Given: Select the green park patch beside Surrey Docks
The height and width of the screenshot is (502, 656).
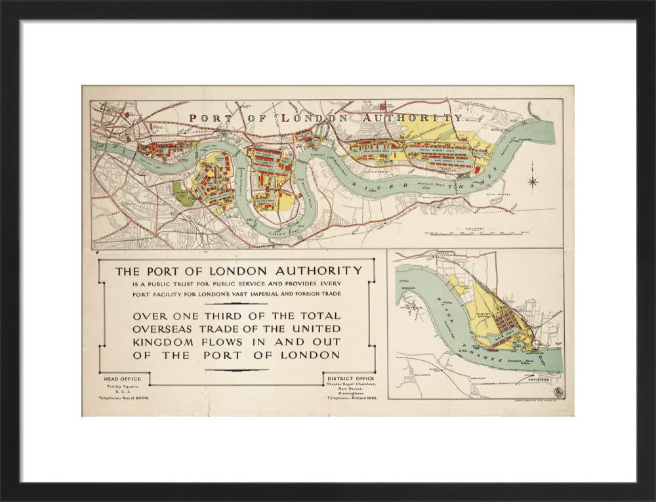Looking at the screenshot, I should (x=184, y=194).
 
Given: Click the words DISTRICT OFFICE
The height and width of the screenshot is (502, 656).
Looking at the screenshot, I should (x=351, y=379).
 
